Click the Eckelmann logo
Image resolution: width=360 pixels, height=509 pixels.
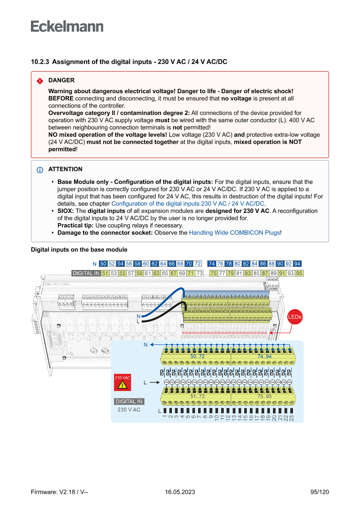click(x=67, y=27)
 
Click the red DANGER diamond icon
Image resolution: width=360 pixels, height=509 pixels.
click(x=40, y=81)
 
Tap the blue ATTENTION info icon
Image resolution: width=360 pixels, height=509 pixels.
click(x=40, y=169)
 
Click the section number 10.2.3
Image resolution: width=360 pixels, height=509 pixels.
click(x=40, y=62)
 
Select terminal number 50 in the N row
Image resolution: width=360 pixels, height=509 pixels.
click(x=103, y=264)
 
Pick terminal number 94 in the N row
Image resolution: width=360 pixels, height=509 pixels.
click(x=297, y=264)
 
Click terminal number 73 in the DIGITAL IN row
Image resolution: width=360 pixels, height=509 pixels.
click(x=199, y=273)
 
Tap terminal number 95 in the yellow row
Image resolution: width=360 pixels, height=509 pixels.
click(x=299, y=273)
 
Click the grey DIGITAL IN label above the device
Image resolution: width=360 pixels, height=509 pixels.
click(x=86, y=273)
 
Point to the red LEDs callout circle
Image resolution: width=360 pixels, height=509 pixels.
click(x=295, y=317)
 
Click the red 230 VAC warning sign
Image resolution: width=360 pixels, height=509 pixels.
click(x=122, y=382)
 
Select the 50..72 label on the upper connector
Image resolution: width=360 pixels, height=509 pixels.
click(x=197, y=356)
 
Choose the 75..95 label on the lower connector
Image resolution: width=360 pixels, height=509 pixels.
click(x=264, y=396)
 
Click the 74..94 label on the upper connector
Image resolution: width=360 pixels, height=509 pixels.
click(x=264, y=356)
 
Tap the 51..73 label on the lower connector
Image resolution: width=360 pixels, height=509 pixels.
click(x=197, y=396)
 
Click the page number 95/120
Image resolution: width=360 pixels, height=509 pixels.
click(x=320, y=492)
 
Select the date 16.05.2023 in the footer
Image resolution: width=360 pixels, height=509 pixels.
click(x=180, y=492)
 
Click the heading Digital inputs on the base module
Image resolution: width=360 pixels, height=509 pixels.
click(x=79, y=249)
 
